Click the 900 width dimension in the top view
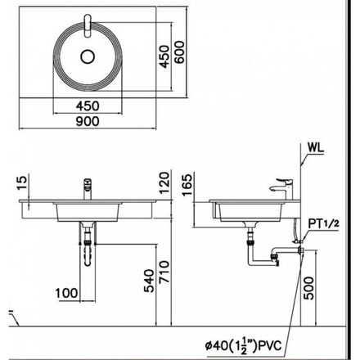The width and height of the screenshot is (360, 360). click(x=88, y=121)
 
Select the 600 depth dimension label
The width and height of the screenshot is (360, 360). click(x=179, y=52)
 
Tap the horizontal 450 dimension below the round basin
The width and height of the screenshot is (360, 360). click(x=88, y=106)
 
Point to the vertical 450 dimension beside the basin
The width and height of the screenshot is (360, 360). click(x=164, y=56)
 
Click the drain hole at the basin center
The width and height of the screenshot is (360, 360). click(x=88, y=56)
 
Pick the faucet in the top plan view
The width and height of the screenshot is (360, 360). click(x=88, y=25)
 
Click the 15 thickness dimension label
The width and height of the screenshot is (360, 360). click(x=22, y=183)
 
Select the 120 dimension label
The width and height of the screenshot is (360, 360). click(x=164, y=183)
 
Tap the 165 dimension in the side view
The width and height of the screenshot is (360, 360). click(x=187, y=185)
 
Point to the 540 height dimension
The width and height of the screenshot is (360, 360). click(x=149, y=281)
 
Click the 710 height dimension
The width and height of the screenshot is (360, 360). click(x=164, y=272)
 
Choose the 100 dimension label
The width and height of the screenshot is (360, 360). click(x=66, y=294)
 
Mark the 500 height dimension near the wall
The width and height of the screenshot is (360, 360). click(x=308, y=288)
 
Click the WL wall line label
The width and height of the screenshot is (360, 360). click(x=316, y=148)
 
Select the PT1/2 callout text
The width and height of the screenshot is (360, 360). click(x=323, y=224)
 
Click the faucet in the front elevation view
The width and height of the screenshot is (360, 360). click(x=88, y=189)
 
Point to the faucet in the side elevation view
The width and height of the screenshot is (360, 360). click(x=281, y=189)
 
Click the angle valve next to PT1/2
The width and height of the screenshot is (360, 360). click(x=297, y=241)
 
